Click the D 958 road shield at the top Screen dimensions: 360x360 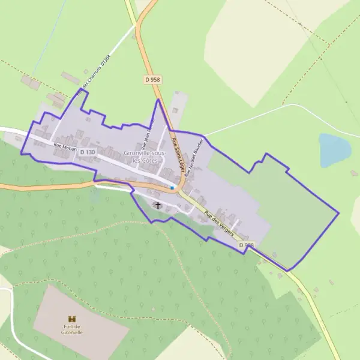tap(153, 79)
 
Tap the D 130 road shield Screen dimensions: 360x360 tap(87, 152)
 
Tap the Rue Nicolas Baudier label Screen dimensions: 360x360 tap(196, 155)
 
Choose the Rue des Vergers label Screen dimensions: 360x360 tap(218, 223)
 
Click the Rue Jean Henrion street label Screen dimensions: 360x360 tap(148, 132)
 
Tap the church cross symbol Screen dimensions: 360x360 tap(158, 205)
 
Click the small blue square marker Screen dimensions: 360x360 tap(172, 188)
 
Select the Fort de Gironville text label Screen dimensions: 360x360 tap(73, 329)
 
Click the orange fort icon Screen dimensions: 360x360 tap(73, 318)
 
